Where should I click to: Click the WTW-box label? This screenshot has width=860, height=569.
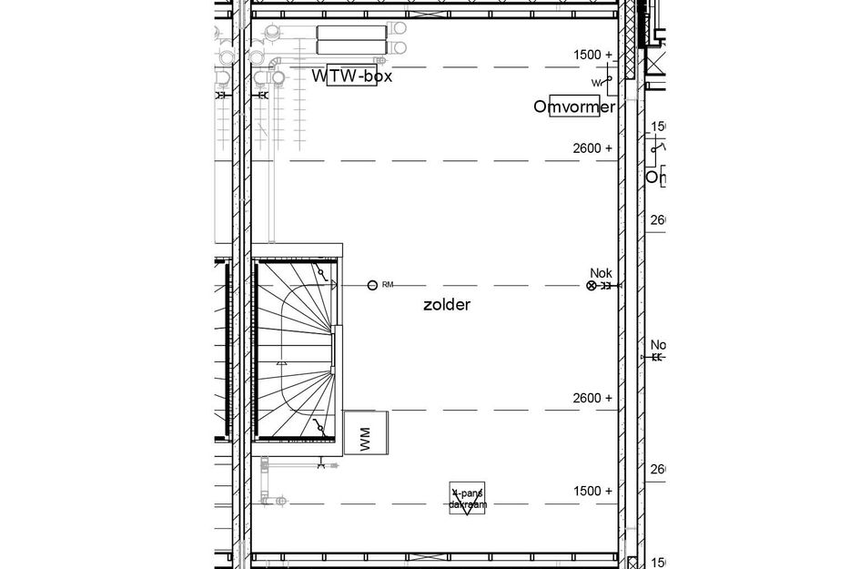[352, 76]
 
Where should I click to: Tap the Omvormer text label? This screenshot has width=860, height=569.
[574, 107]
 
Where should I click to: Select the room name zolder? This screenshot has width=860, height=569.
[447, 305]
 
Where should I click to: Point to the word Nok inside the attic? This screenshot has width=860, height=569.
[601, 273]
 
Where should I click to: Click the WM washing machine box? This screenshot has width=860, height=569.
[365, 433]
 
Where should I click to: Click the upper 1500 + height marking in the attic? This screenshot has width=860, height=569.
[593, 55]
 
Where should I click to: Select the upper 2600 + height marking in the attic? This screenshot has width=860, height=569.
[593, 147]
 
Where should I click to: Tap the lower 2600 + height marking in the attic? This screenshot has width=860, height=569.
[593, 398]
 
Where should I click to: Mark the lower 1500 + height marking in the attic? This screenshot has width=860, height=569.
[593, 491]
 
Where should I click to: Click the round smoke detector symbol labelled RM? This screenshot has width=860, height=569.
[371, 286]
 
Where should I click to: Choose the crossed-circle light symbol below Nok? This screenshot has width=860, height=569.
[592, 286]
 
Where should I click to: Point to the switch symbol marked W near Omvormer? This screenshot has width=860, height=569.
[603, 83]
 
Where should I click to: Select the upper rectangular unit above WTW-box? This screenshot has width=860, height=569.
[351, 32]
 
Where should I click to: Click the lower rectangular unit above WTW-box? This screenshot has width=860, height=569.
[351, 46]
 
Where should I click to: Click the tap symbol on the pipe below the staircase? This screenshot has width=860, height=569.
[322, 466]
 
